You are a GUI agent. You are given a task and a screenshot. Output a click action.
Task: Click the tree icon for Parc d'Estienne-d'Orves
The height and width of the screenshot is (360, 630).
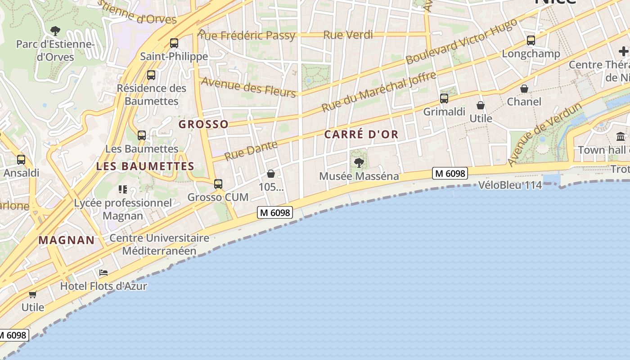55,31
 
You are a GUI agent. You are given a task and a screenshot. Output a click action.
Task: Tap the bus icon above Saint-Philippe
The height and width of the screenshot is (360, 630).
174,43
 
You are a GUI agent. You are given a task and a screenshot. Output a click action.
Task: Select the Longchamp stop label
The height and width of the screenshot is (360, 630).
531,54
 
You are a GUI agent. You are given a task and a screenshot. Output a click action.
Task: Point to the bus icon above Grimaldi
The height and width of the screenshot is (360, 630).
444,98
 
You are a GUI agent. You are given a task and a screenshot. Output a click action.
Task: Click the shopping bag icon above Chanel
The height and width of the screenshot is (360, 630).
524,89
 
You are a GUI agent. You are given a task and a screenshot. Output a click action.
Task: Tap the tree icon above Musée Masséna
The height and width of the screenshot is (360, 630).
359,162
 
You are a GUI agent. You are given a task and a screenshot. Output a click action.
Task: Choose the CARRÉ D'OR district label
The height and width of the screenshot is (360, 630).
361,135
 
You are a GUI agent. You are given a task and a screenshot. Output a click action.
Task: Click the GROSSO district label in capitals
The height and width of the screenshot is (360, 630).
204,124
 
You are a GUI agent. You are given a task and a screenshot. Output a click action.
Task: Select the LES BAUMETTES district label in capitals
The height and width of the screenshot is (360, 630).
145,166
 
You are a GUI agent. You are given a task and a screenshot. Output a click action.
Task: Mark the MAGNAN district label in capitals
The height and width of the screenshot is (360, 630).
67,240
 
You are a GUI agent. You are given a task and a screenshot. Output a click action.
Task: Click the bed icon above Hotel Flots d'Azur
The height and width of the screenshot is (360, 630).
103,273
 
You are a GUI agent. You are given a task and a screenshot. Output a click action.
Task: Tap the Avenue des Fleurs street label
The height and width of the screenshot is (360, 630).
248,87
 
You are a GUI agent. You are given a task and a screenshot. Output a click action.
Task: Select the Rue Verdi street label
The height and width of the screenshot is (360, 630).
348,35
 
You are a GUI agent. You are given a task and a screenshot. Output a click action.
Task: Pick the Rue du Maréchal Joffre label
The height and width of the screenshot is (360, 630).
379,92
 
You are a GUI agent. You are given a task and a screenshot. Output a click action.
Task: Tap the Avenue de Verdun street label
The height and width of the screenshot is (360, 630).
544,134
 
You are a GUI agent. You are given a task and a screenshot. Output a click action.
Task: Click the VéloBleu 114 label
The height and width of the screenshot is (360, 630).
510,185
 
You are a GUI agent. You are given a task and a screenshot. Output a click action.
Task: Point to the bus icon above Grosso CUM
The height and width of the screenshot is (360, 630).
218,184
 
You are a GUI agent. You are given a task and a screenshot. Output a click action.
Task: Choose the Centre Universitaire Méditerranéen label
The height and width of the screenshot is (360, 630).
159,244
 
